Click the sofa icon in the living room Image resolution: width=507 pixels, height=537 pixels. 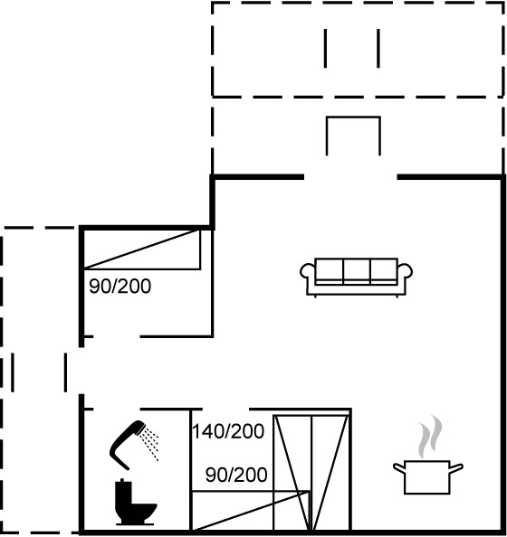point(356,278)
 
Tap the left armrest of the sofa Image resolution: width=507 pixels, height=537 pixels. point(306,274)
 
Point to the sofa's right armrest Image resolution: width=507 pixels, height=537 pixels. point(406,274)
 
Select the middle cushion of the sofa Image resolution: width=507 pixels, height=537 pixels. point(357,270)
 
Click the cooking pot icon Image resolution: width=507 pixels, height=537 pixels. point(427,477)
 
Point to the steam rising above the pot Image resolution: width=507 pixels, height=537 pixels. point(430,437)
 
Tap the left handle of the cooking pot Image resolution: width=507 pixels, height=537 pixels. point(399,467)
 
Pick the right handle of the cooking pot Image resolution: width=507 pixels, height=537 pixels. point(456,467)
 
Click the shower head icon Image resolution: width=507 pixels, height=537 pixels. point(128,445)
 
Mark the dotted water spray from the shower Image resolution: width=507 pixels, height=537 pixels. point(150,443)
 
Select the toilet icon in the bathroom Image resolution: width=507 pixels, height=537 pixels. point(135,502)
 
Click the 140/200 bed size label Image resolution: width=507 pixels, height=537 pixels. point(228,431)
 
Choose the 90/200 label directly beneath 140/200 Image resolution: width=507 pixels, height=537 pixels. point(236,475)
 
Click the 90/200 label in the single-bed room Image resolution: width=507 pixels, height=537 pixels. point(120,286)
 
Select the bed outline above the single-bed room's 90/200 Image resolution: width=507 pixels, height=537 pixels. point(142,250)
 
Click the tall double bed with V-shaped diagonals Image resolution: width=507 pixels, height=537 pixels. point(311,473)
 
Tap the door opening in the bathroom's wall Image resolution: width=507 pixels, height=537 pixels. point(117,409)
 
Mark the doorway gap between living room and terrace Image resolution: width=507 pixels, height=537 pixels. point(350,177)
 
